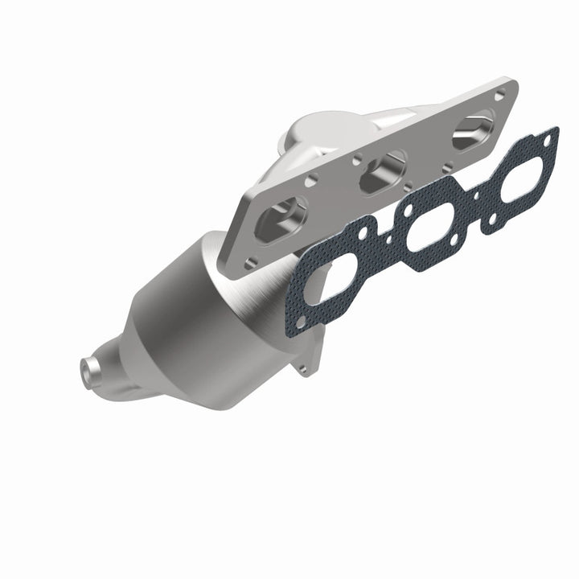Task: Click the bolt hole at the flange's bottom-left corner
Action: [252, 260]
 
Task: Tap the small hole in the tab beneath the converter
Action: [303, 368]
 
